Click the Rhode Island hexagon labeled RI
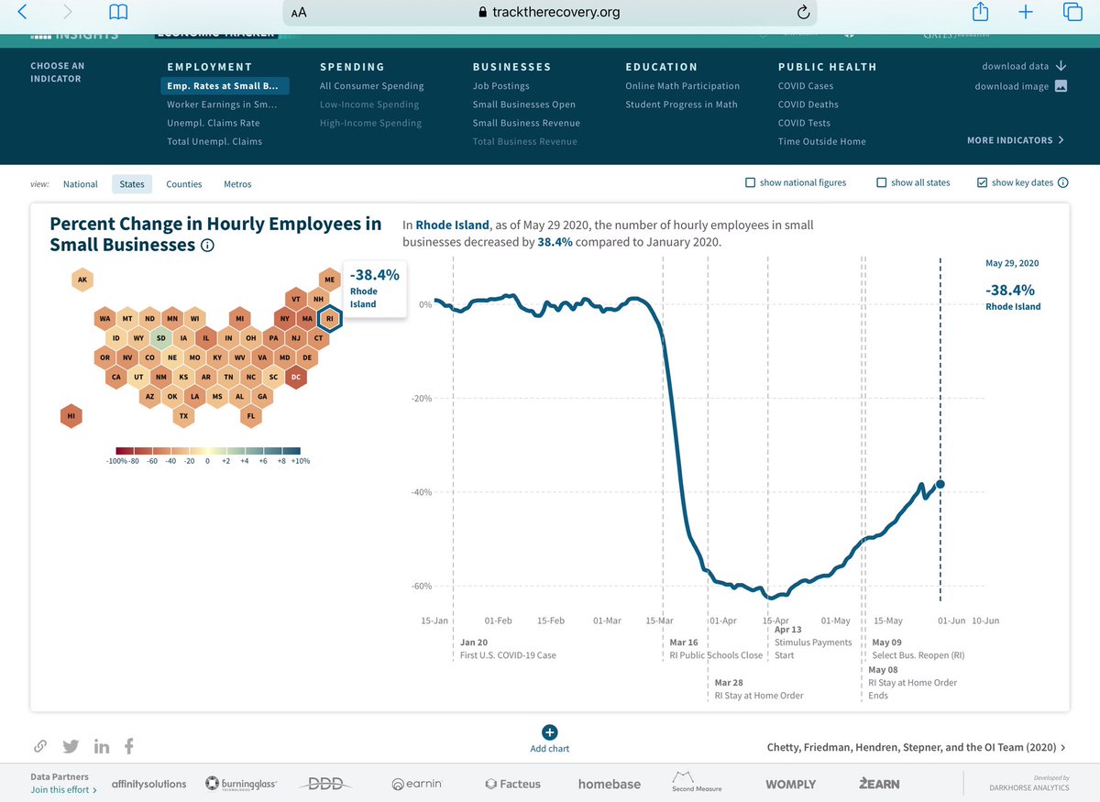click(330, 318)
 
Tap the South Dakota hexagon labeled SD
click(161, 337)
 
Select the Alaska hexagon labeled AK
click(82, 280)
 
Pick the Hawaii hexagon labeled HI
click(71, 416)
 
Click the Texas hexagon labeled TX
click(184, 416)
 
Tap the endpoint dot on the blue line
click(940, 484)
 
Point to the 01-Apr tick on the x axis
click(723, 621)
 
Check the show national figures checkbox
click(751, 182)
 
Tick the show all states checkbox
click(881, 182)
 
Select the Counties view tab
click(183, 184)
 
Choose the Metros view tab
click(237, 184)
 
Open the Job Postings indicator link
click(500, 86)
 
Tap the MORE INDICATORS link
click(1015, 140)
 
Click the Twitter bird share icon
click(71, 746)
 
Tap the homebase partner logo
click(609, 784)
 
